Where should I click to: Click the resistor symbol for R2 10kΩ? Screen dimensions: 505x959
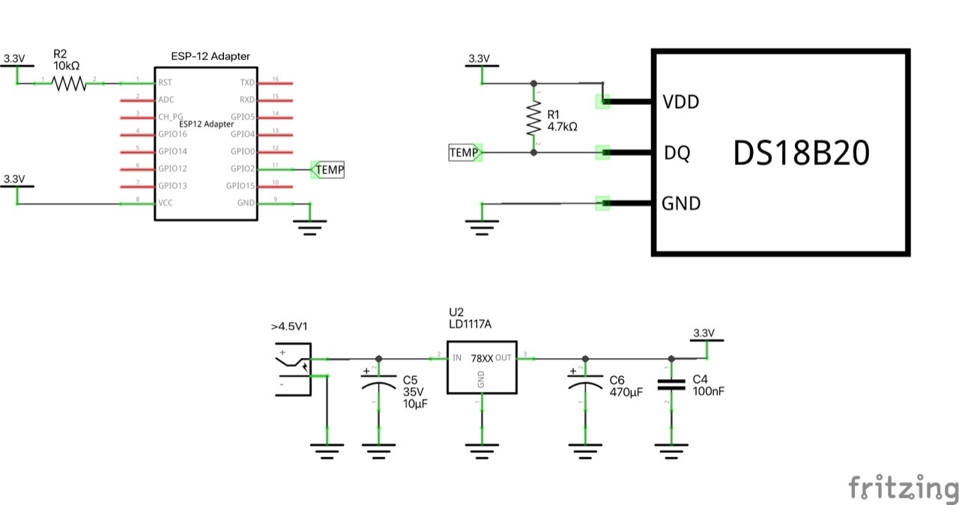coord(69,82)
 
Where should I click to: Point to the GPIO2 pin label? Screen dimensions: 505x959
coord(243,169)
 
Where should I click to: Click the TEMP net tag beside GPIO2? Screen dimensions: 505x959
coord(328,170)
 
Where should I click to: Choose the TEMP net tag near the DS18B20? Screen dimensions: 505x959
coord(465,153)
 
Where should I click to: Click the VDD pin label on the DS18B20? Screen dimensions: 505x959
coord(681,102)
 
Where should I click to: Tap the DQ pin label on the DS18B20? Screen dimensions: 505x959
coord(677,153)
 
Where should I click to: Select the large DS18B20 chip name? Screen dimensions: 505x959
coord(800,154)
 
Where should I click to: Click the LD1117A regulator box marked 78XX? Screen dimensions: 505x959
coord(482,366)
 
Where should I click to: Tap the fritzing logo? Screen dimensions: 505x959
coord(902,488)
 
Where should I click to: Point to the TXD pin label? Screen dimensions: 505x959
coord(247,82)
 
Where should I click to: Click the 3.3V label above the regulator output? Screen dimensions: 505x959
coord(704,333)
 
